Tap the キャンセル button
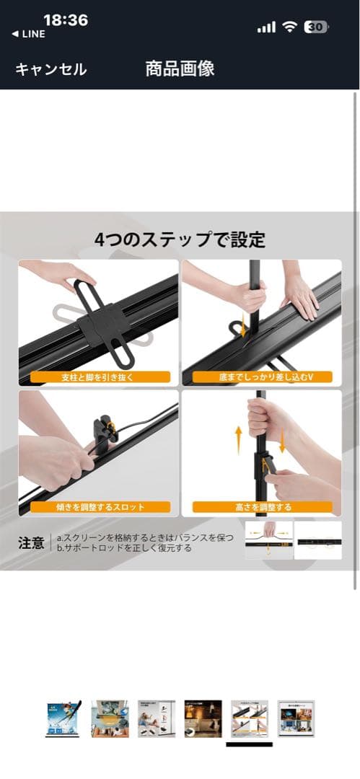(51, 69)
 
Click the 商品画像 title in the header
(180, 69)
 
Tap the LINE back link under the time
(29, 35)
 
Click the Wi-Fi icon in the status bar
(290, 27)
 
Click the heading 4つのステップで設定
(180, 239)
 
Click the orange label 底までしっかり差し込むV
(261, 377)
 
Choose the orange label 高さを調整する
(261, 507)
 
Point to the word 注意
(31, 542)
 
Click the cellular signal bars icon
(266, 27)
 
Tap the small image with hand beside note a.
(269, 540)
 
